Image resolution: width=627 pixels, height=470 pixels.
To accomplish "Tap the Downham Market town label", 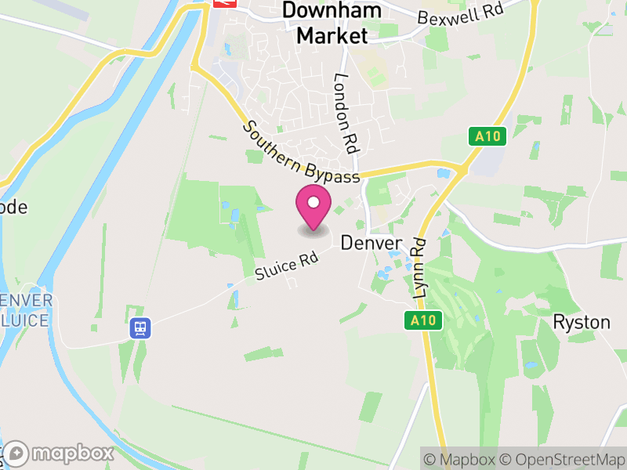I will point(332,23).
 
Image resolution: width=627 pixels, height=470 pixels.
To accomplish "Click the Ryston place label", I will point(581,321).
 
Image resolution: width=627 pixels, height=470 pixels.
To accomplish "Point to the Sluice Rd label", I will point(288,266).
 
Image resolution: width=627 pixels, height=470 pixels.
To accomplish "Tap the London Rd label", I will point(346,113).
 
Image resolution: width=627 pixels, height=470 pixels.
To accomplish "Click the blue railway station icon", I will point(140,327).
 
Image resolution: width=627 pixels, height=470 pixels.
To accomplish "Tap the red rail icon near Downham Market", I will point(224,3).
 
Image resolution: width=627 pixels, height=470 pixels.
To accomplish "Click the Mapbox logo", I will point(60,454).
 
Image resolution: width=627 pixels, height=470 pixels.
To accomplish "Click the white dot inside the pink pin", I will point(313,203).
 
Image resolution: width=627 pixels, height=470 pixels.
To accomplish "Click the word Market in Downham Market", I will point(332,35).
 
